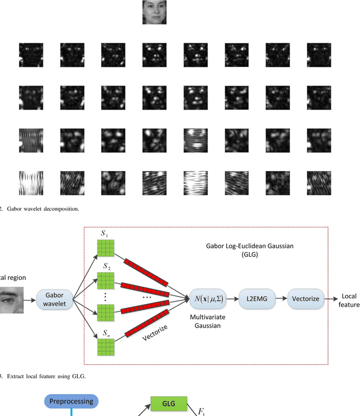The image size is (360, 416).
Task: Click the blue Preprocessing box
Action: pos(72,401)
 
